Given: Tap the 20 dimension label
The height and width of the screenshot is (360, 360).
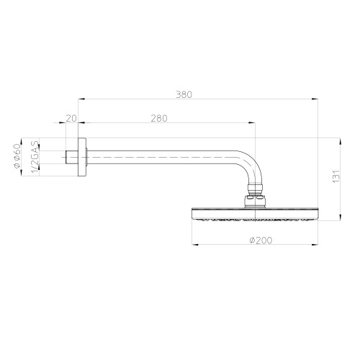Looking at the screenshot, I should [71, 118].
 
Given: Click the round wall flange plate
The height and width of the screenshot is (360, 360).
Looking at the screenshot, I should [82, 155].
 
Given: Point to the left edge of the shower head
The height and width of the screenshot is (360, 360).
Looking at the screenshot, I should [193, 214].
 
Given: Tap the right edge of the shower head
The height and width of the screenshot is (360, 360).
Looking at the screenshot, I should [318, 214].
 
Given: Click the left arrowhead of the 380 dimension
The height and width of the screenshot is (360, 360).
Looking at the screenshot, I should [81, 100].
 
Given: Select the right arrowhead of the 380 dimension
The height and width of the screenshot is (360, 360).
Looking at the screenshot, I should [316, 100].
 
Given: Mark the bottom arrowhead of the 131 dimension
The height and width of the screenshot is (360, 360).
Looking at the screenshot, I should [336, 218].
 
